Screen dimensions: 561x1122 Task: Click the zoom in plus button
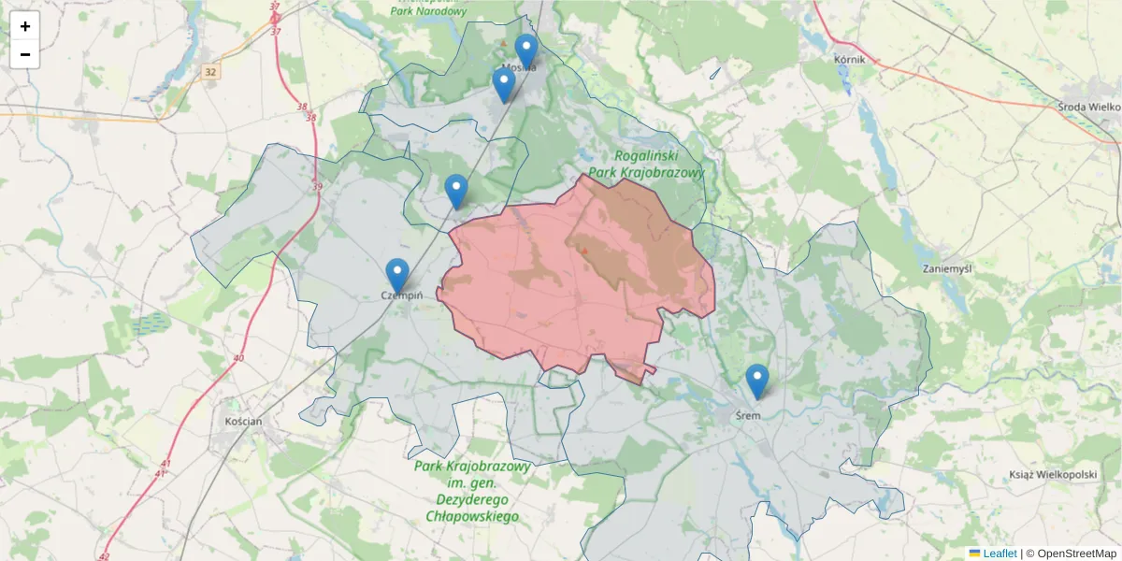click(25, 26)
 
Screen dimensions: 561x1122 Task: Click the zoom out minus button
click(25, 54)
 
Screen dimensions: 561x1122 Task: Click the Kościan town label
click(243, 421)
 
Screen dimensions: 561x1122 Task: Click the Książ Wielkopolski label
click(1052, 474)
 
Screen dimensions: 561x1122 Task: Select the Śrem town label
click(748, 415)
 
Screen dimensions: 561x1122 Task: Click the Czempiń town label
click(402, 295)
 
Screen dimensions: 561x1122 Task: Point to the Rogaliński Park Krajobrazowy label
click(659, 165)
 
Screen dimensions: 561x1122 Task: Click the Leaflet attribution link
click(999, 554)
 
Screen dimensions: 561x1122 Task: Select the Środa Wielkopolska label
click(1089, 107)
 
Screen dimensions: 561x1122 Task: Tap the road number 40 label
click(239, 358)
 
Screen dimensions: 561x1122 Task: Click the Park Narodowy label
click(428, 11)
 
